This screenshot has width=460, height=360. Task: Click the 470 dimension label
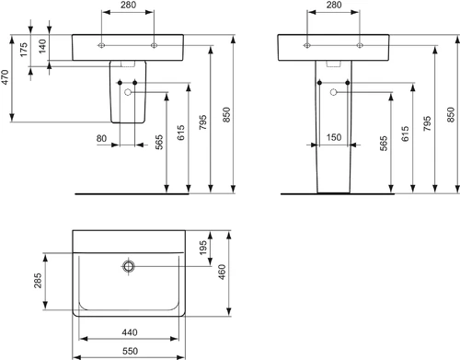point(6,77)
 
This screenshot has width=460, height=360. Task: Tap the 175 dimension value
point(24,50)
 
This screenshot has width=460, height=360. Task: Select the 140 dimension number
point(42,46)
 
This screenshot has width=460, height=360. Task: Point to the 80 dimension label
point(101,138)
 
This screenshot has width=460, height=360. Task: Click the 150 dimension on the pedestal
point(334,137)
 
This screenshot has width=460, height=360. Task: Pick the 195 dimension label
point(203,248)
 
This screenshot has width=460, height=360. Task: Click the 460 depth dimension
point(222,272)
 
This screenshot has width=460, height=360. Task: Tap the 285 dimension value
point(38,281)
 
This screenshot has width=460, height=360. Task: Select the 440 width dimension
point(130,332)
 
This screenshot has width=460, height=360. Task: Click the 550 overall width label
point(130,351)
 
